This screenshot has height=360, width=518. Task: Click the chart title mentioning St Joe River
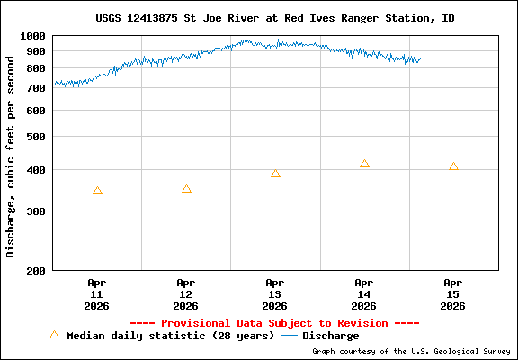coord(274,18)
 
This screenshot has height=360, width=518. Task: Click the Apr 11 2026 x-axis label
coord(97,293)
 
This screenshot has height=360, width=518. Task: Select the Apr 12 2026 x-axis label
coord(186,293)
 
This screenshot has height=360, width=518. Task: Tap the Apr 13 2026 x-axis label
coord(275,293)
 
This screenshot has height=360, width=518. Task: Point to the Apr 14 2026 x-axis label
coord(364,293)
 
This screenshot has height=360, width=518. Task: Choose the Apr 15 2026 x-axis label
coord(453,293)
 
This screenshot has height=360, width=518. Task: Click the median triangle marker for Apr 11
coord(97,191)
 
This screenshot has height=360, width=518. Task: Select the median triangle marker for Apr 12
coord(186,189)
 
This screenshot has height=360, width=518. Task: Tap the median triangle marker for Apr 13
coord(275,174)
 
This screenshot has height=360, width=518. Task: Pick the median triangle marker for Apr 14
coord(364,164)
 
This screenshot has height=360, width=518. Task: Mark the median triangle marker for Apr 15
coord(453,166)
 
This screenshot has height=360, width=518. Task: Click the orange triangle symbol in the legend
coord(54,335)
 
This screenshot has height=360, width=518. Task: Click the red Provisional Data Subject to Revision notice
coord(274,323)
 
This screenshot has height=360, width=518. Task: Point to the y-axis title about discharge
coord(11,153)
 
